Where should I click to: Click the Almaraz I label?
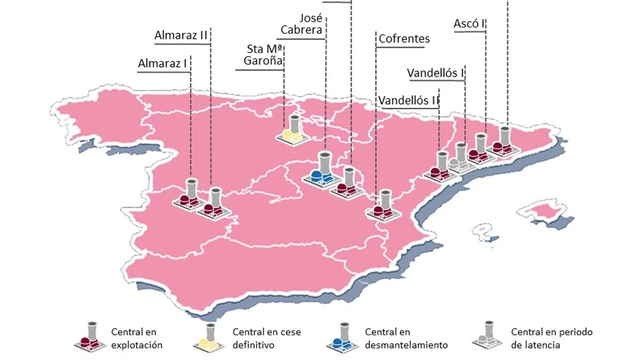tap(163, 63)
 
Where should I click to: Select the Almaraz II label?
tap(181, 35)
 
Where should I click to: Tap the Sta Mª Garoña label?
tap(263, 56)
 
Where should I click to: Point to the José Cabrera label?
tap(304, 23)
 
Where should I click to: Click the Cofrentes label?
tap(404, 39)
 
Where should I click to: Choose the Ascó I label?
tap(468, 24)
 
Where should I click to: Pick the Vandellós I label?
tap(435, 73)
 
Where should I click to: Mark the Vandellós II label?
tap(409, 100)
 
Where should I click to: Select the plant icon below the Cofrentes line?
tap(382, 206)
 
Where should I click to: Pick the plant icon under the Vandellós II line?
tap(440, 167)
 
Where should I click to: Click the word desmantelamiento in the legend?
tap(406, 345)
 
